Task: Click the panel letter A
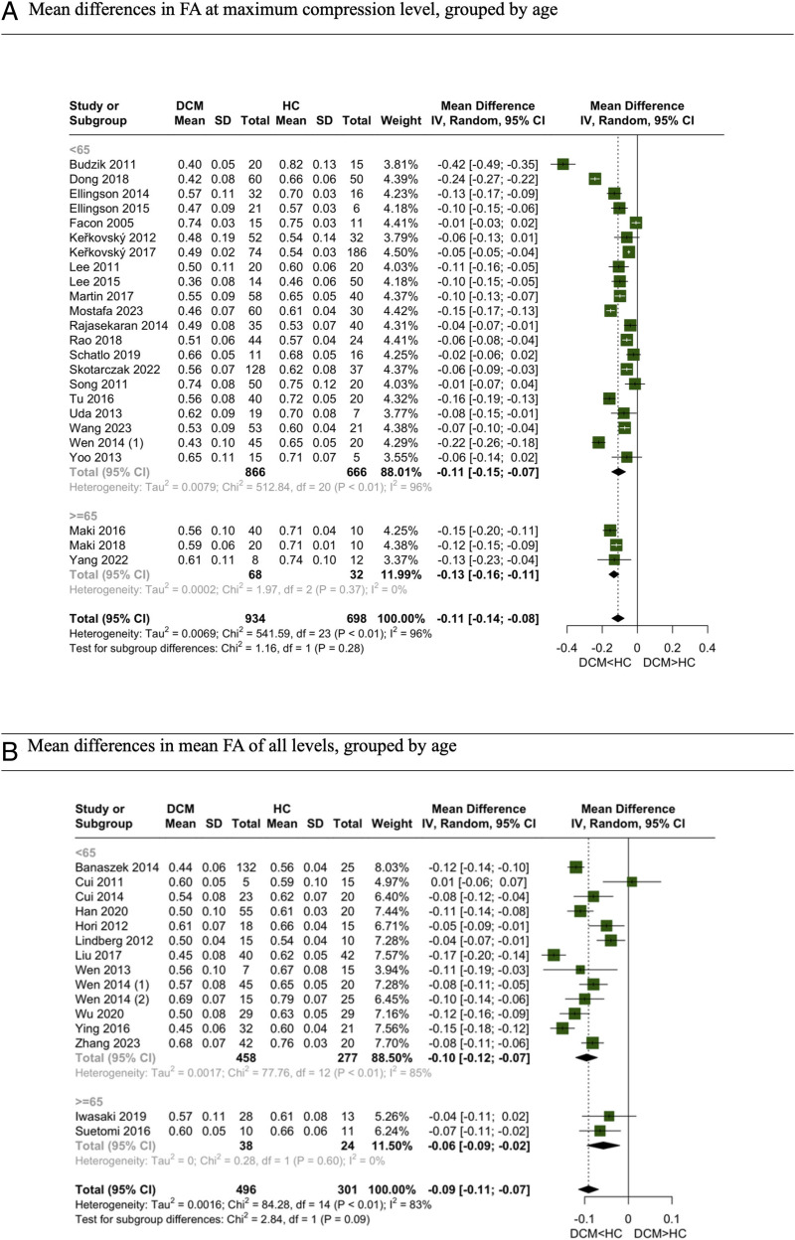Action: click(10, 14)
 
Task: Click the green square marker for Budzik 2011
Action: click(563, 164)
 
